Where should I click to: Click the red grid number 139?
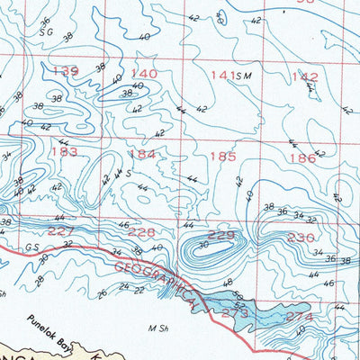(x=67, y=72)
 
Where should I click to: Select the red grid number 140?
(x=144, y=74)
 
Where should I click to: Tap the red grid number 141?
(x=221, y=76)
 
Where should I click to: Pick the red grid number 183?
(x=63, y=152)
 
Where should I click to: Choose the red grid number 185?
(x=222, y=157)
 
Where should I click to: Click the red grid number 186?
(x=302, y=158)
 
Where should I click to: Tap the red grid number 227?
(x=61, y=231)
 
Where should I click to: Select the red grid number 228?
(x=141, y=233)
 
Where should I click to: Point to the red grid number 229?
(x=221, y=236)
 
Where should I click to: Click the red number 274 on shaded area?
(x=300, y=318)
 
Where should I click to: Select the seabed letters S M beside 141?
(x=241, y=76)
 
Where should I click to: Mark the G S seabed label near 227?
(x=32, y=245)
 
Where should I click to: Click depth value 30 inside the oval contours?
(x=203, y=244)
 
